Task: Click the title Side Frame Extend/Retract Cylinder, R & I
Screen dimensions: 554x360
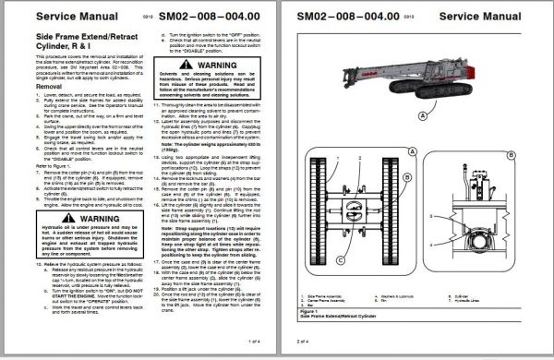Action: click(x=65, y=57)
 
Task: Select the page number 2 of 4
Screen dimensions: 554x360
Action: click(x=305, y=341)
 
